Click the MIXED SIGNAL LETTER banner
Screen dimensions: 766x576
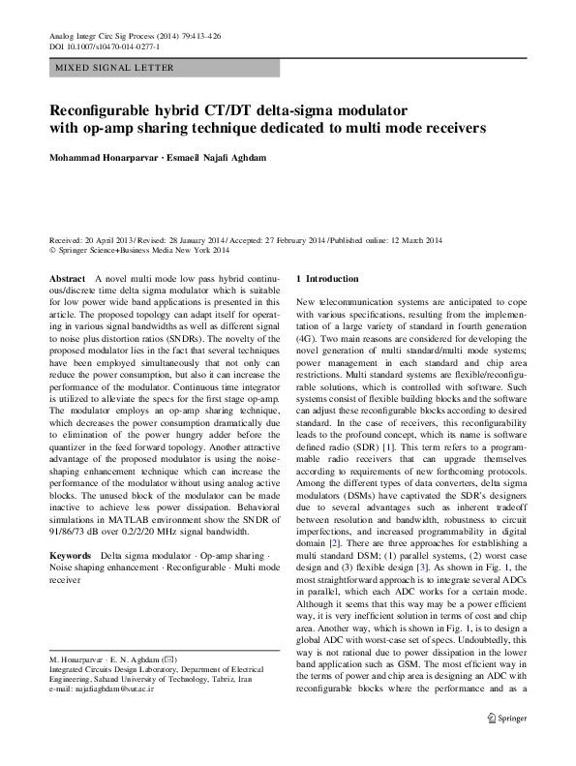[x=114, y=68]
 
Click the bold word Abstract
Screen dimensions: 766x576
[x=66, y=278]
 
